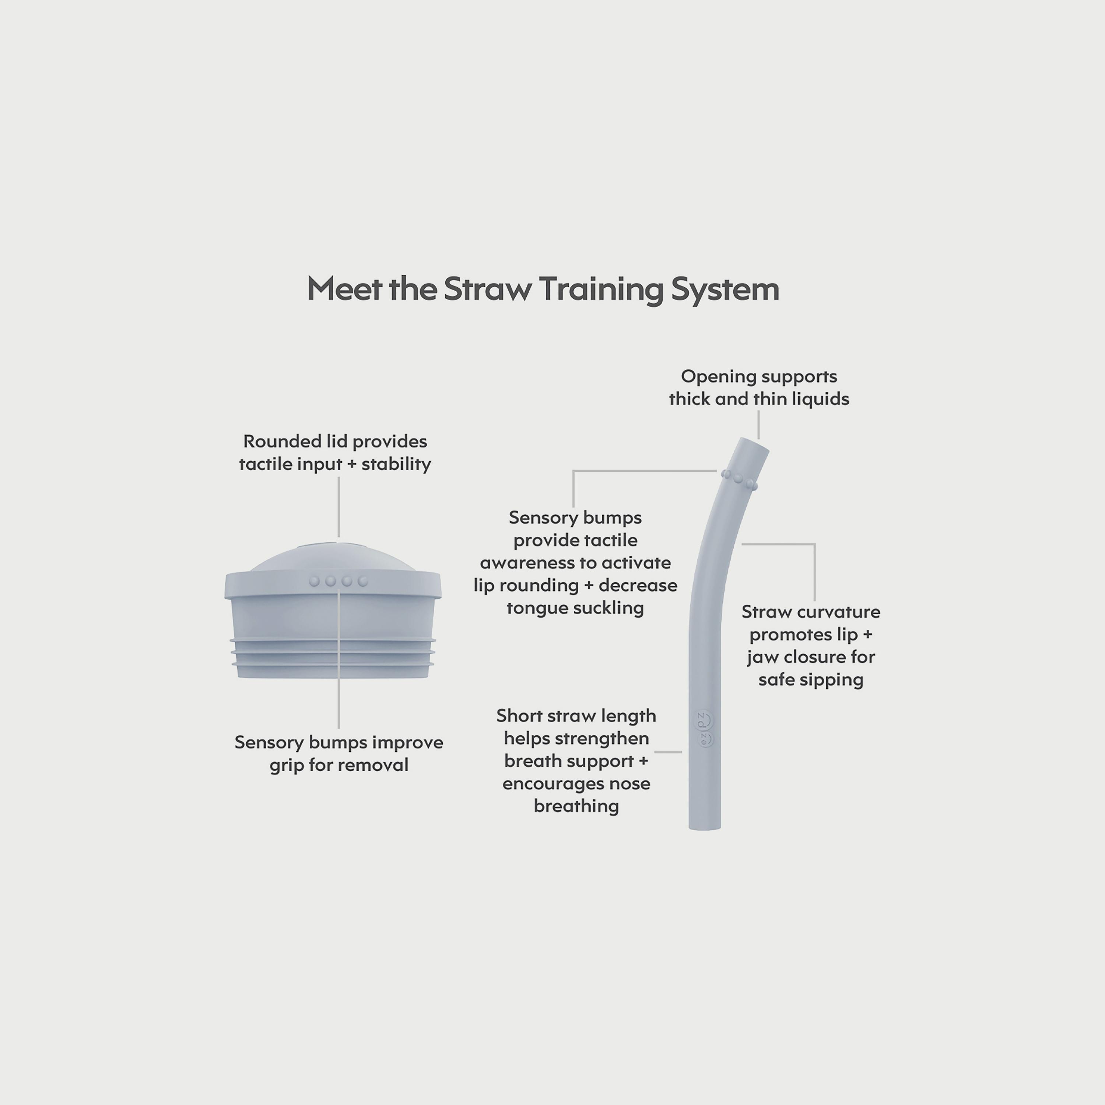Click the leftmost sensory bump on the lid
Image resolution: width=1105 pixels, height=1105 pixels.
[x=314, y=581]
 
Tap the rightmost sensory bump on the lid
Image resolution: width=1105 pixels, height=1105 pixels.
[x=362, y=581]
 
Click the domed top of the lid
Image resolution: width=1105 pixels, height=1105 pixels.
[x=333, y=555]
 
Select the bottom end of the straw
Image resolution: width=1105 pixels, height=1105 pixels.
[x=705, y=827]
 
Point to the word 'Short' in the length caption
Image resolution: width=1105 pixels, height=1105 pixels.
[x=519, y=716]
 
